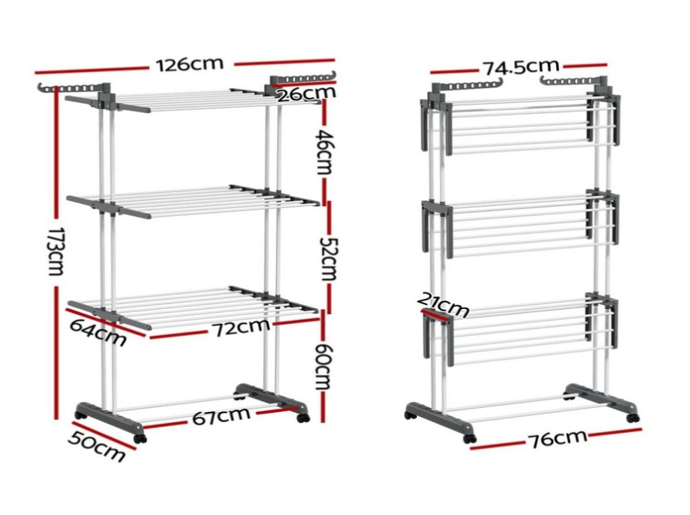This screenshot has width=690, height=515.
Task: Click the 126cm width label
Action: pyautogui.click(x=190, y=64)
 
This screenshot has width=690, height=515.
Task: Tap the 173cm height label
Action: pyautogui.click(x=55, y=252)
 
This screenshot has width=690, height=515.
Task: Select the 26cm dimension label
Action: pyautogui.click(x=307, y=93)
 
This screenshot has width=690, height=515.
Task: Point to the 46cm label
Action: pyautogui.click(x=324, y=151)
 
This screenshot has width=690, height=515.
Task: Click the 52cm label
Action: pyautogui.click(x=327, y=259)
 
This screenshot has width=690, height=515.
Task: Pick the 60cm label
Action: pyautogui.click(x=323, y=366)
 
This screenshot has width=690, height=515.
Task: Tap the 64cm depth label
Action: pyautogui.click(x=98, y=332)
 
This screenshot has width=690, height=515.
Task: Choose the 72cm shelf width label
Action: pyautogui.click(x=241, y=327)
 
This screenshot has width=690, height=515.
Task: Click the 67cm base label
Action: pyautogui.click(x=221, y=415)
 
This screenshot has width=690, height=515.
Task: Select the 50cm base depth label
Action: pyautogui.click(x=96, y=446)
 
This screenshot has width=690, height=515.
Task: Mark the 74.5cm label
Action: pyautogui.click(x=522, y=67)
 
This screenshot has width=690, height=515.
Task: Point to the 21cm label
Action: pyautogui.click(x=442, y=304)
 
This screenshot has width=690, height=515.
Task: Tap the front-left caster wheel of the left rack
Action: pyautogui.click(x=139, y=438)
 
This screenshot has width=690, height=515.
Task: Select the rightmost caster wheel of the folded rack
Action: pyautogui.click(x=632, y=418)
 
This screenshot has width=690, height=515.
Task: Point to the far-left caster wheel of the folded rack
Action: pyautogui.click(x=409, y=414)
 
